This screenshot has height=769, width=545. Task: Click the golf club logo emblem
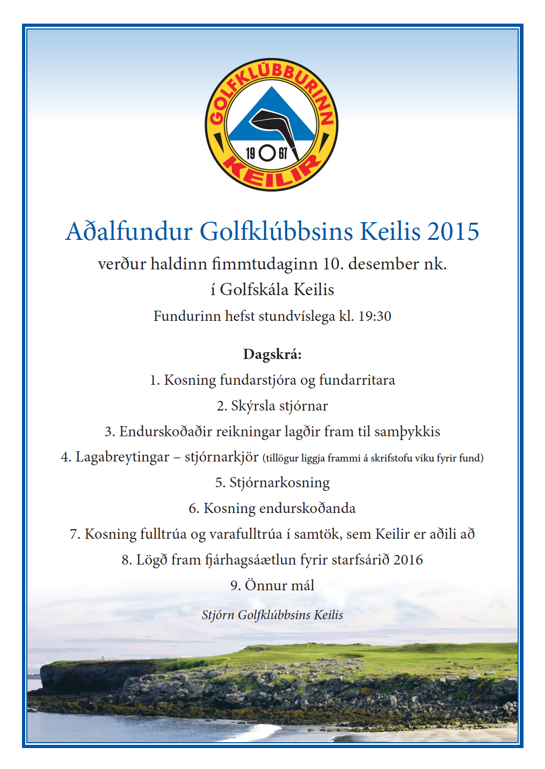(x=272, y=125)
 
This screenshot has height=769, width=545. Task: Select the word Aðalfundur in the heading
(x=129, y=232)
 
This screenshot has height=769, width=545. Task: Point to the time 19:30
(x=374, y=316)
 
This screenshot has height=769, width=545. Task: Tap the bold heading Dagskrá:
(x=272, y=354)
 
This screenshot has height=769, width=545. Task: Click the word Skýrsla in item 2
(x=252, y=406)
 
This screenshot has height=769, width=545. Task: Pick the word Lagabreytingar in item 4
(x=122, y=457)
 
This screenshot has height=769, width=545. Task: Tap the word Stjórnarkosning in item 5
(x=279, y=483)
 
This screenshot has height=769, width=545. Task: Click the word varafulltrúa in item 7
(x=245, y=534)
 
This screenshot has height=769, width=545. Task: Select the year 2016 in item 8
(x=408, y=560)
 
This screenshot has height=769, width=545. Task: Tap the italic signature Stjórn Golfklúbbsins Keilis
(x=272, y=615)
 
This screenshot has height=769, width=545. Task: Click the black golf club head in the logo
(x=268, y=121)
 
